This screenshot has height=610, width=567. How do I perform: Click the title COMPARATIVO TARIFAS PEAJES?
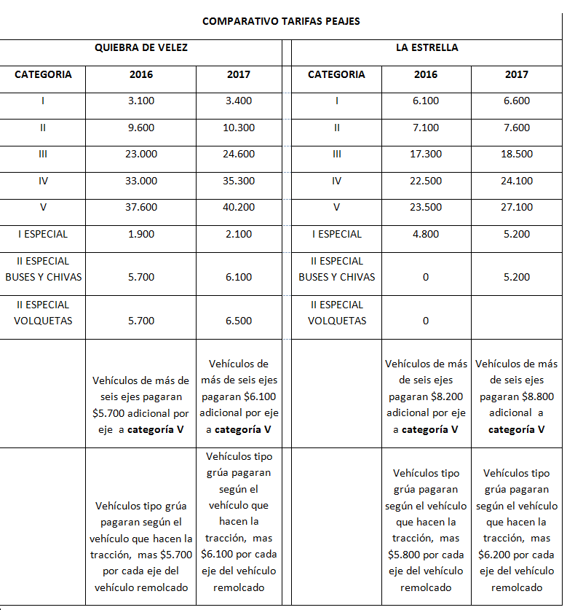click(x=281, y=21)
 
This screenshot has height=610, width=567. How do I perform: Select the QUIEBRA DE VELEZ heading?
click(x=141, y=47)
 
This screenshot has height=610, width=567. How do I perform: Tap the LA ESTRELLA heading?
click(x=427, y=47)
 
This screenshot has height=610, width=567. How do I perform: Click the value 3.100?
click(x=141, y=101)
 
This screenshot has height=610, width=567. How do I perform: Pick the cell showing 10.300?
click(x=239, y=128)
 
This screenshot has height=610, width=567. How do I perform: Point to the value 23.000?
click(x=141, y=154)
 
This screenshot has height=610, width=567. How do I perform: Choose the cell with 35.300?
click(x=239, y=181)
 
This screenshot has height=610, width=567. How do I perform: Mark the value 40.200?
click(x=239, y=207)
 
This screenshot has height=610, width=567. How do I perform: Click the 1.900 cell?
click(x=141, y=234)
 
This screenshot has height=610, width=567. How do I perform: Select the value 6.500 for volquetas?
click(x=239, y=321)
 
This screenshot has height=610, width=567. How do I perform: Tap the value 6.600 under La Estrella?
click(x=517, y=101)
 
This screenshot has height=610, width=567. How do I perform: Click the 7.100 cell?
click(x=426, y=128)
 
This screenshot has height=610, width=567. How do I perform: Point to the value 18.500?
click(x=517, y=154)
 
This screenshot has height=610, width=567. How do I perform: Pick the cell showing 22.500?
click(x=426, y=181)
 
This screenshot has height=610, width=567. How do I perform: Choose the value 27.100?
click(x=517, y=207)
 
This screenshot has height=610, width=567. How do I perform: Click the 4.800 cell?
click(x=426, y=234)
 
